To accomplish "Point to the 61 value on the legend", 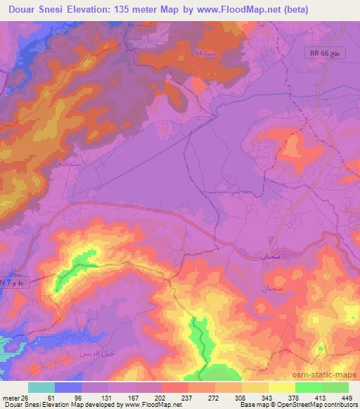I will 44,398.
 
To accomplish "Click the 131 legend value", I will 94,398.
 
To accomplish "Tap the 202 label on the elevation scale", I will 142,398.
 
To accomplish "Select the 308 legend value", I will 217,398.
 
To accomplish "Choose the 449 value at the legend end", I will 340,398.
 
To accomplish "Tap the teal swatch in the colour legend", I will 41,387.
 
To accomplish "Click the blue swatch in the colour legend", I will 68,387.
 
